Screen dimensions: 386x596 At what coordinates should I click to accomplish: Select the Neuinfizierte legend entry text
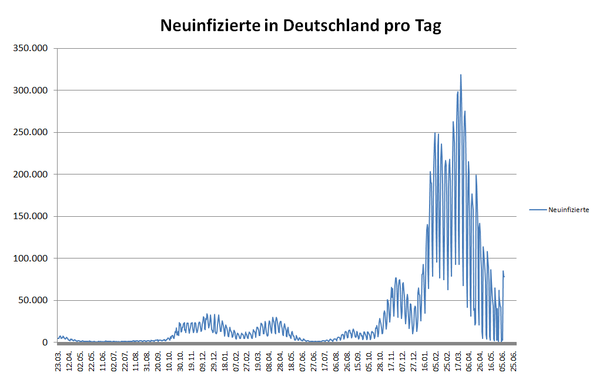[568, 210]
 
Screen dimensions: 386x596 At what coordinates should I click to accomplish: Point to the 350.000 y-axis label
[31, 48]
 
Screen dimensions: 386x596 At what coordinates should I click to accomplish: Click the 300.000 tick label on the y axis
[31, 90]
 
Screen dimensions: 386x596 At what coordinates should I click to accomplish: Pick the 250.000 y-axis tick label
[31, 132]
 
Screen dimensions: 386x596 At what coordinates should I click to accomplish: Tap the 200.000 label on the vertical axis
[31, 174]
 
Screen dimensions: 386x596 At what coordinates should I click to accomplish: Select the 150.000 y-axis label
[31, 216]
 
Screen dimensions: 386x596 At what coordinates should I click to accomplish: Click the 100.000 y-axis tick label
[31, 259]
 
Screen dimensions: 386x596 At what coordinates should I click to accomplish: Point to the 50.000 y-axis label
[33, 300]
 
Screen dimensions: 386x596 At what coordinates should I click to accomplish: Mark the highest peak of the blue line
[461, 75]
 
